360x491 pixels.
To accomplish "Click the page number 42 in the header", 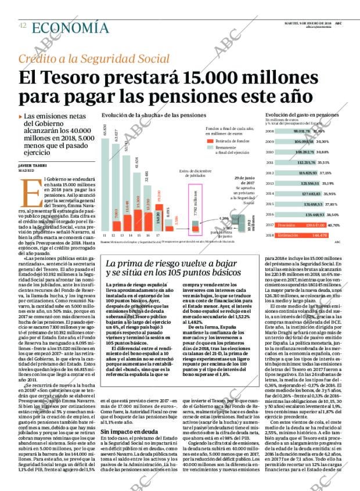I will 22,26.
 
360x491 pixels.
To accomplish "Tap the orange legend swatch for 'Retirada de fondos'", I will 211,140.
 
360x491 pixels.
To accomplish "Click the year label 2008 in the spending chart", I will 269,132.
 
